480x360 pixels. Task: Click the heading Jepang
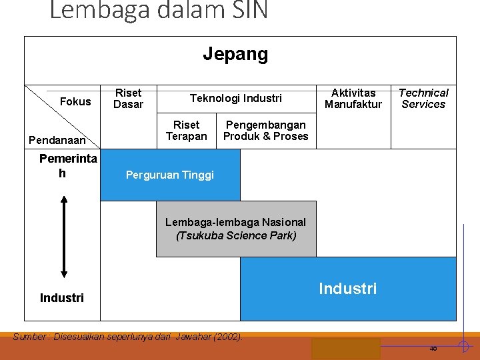[x=235, y=54]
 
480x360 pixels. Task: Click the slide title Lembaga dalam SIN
[x=159, y=10]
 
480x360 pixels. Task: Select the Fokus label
[x=75, y=101]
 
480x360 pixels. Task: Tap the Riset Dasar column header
[x=128, y=98]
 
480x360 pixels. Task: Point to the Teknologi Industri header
[x=236, y=98]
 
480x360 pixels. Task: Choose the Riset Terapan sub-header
[x=186, y=131]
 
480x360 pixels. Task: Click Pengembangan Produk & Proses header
[x=266, y=131]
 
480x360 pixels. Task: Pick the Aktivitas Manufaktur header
[x=353, y=98]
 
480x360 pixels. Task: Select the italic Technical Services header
[x=423, y=98]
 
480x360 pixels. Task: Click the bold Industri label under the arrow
[x=62, y=297]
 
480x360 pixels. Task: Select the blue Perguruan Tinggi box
[x=170, y=175]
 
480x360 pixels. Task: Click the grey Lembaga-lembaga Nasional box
[x=236, y=229]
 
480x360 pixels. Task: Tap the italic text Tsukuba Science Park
[x=236, y=235]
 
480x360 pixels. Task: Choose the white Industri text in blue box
[x=347, y=288]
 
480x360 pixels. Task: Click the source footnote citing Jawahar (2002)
[x=127, y=337]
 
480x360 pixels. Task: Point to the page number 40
[x=433, y=348]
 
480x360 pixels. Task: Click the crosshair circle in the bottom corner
[x=463, y=345]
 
